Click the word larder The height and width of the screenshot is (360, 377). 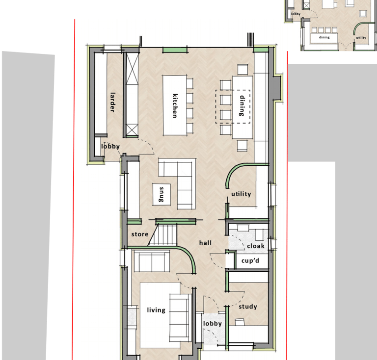[112, 103]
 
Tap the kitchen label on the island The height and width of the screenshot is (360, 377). [175, 105]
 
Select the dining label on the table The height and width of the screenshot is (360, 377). [242, 105]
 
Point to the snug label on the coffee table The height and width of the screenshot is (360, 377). [162, 194]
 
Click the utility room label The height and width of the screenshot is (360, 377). [241, 194]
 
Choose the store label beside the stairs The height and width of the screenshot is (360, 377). [140, 234]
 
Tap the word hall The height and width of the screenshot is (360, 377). [205, 243]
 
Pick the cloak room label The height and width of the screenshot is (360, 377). [256, 246]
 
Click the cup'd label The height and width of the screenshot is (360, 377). [250, 260]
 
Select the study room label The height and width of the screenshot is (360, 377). [248, 307]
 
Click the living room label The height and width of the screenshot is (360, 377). [156, 310]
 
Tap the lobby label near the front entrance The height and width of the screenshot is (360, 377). [212, 324]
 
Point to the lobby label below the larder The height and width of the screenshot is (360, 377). [110, 146]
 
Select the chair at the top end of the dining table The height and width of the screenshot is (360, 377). [242, 70]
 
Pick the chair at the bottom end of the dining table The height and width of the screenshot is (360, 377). [242, 146]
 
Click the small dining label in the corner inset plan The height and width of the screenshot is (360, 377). [324, 37]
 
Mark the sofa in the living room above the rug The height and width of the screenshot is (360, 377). [152, 261]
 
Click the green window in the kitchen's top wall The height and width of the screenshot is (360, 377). [175, 50]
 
